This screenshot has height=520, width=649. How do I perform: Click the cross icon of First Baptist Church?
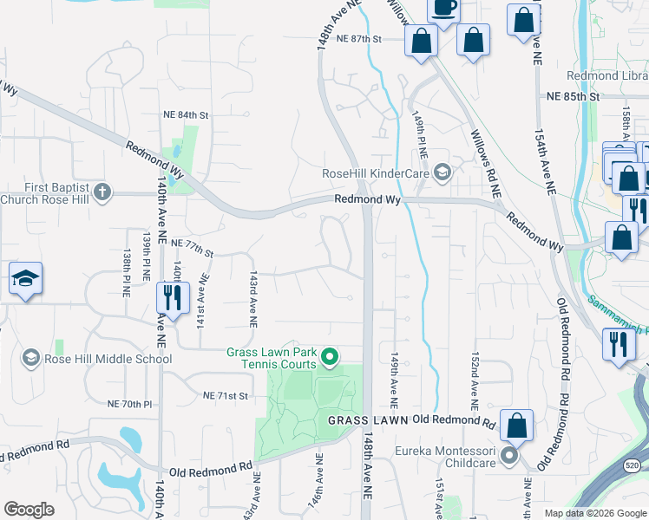click(x=102, y=192)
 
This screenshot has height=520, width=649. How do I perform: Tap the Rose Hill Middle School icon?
click(x=31, y=358)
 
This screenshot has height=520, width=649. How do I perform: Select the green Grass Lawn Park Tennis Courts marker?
click(x=330, y=356)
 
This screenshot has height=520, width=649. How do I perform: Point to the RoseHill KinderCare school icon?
click(x=442, y=173)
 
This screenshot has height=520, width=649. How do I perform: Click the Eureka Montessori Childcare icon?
click(x=509, y=455)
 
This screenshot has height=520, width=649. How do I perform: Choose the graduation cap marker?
click(x=25, y=279)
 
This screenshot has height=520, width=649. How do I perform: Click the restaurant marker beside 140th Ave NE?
click(x=171, y=298)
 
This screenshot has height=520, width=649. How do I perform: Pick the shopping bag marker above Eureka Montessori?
click(x=516, y=426)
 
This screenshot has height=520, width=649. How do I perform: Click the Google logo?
click(x=29, y=510)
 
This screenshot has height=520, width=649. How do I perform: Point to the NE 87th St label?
click(x=359, y=39)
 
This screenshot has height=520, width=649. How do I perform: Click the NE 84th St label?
click(x=187, y=114)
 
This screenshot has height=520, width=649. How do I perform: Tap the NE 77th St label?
click(x=193, y=249)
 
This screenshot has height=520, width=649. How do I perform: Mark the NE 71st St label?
click(x=226, y=395)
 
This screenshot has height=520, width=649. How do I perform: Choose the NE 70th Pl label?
click(x=129, y=404)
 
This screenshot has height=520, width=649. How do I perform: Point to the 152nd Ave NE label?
click(x=475, y=381)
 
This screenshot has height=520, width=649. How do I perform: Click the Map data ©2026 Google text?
click(x=594, y=513)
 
